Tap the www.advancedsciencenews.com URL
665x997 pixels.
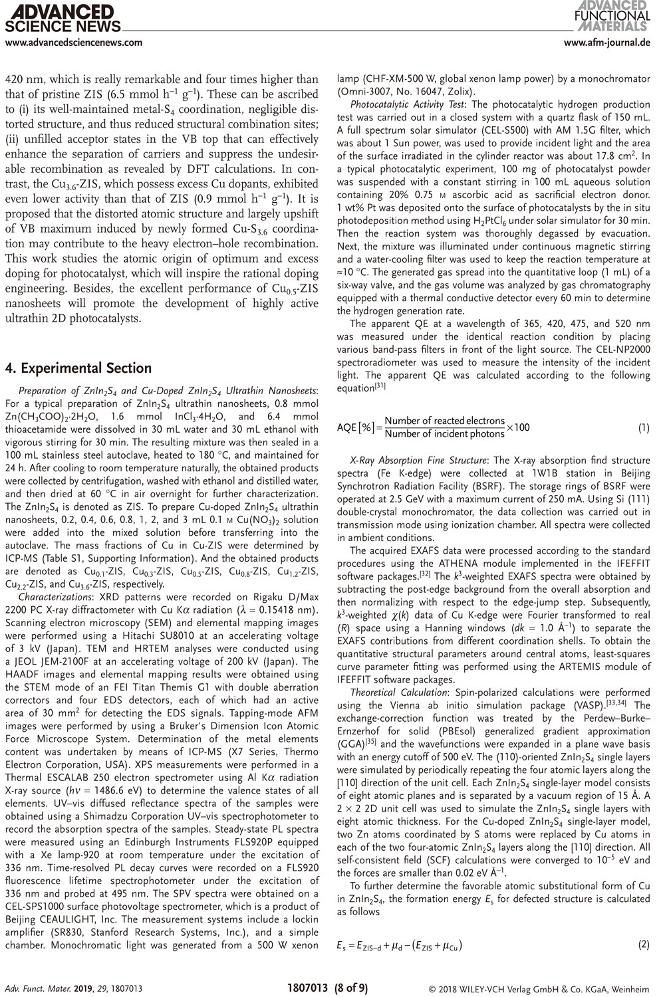73,43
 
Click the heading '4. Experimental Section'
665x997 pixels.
78,368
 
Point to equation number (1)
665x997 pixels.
643,427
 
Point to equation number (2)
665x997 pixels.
643,944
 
